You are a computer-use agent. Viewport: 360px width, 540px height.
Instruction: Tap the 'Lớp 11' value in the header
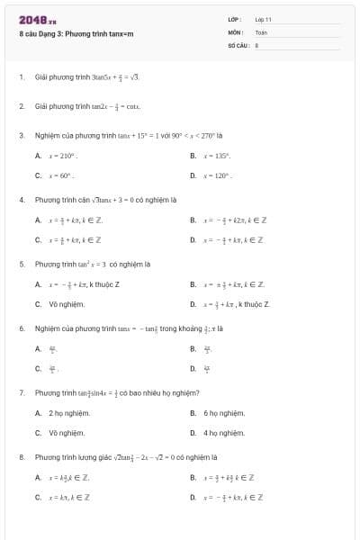point(263,19)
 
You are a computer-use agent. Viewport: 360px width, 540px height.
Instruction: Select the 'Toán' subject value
point(261,31)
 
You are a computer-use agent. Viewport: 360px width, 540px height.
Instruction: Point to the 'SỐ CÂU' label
point(238,43)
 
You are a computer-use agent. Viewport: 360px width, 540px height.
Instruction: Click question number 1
point(21,77)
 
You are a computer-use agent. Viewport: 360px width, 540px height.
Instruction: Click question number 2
point(21,106)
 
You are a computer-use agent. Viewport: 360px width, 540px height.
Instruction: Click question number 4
point(21,200)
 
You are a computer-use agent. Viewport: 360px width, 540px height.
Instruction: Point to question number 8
point(21,457)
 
